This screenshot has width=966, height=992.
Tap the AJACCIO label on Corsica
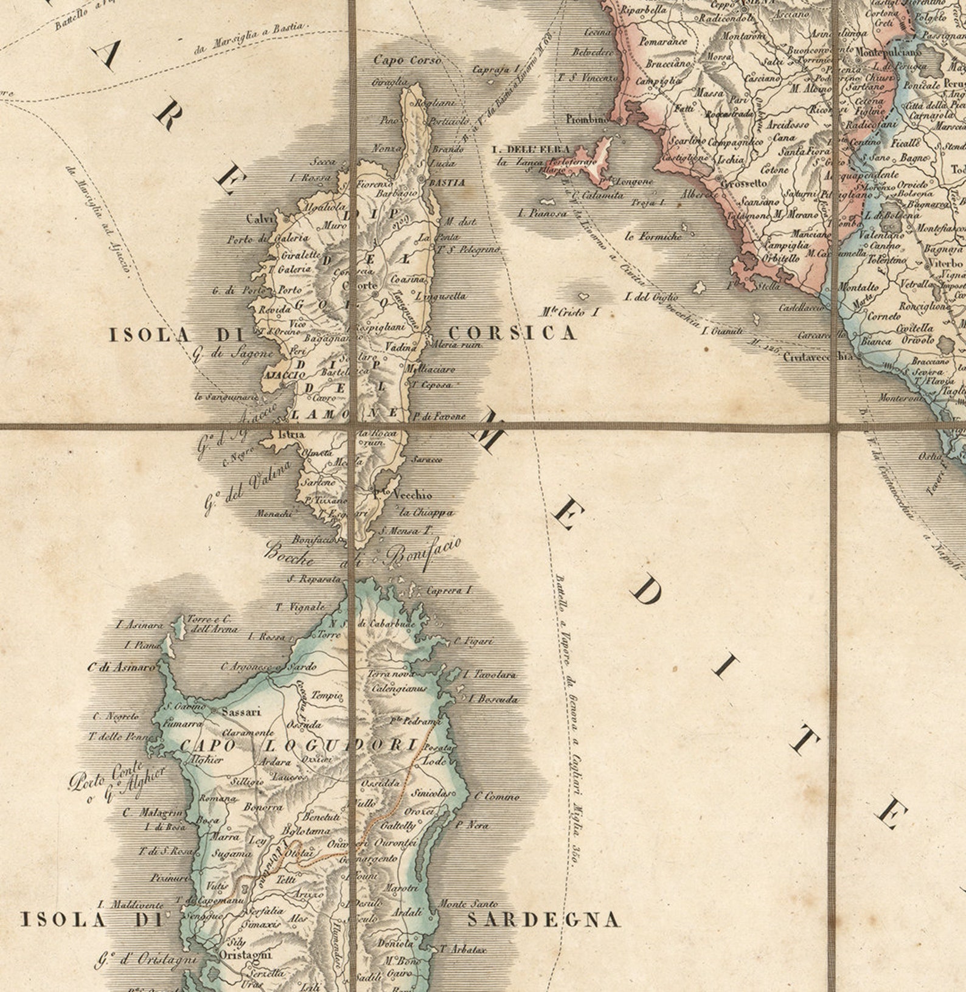point(284,376)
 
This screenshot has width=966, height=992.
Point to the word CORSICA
point(512,333)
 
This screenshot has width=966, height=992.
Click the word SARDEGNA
point(544,920)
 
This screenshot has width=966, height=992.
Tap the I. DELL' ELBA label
point(531,149)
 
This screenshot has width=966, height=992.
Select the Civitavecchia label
point(819,357)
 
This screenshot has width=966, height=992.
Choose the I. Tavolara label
point(490,675)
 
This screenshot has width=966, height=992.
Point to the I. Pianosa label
point(542,213)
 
